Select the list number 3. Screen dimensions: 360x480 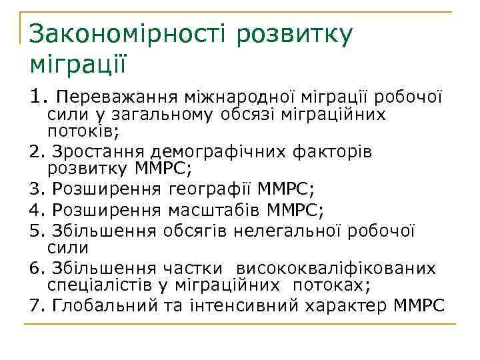[x=35, y=190]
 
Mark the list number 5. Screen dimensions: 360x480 [x=35, y=231]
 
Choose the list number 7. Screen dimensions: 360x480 [x=35, y=306]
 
